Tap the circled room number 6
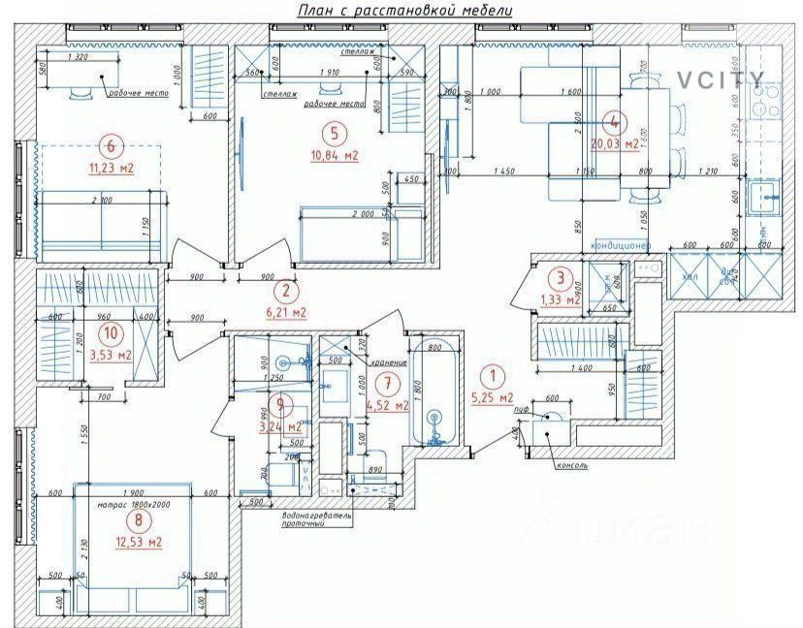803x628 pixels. coord(112,146)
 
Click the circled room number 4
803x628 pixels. coord(614,123)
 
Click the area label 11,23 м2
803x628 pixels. coord(112,169)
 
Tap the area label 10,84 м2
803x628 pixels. coord(335,155)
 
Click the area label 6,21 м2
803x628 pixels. coord(285,312)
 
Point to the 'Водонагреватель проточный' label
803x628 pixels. coord(316,519)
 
